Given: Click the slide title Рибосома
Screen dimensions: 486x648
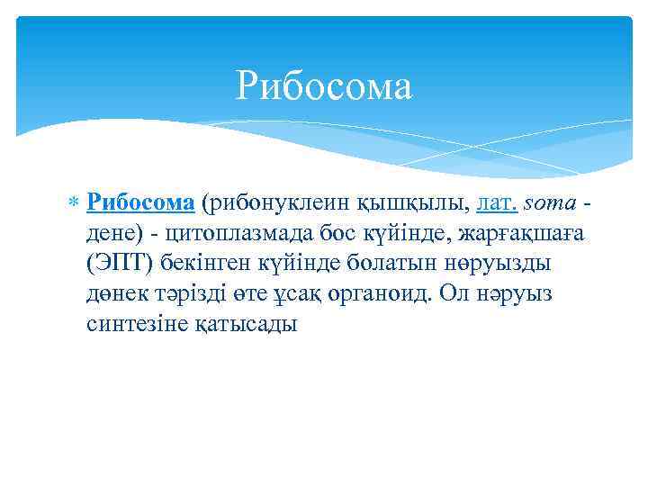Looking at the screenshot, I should (324, 87).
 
